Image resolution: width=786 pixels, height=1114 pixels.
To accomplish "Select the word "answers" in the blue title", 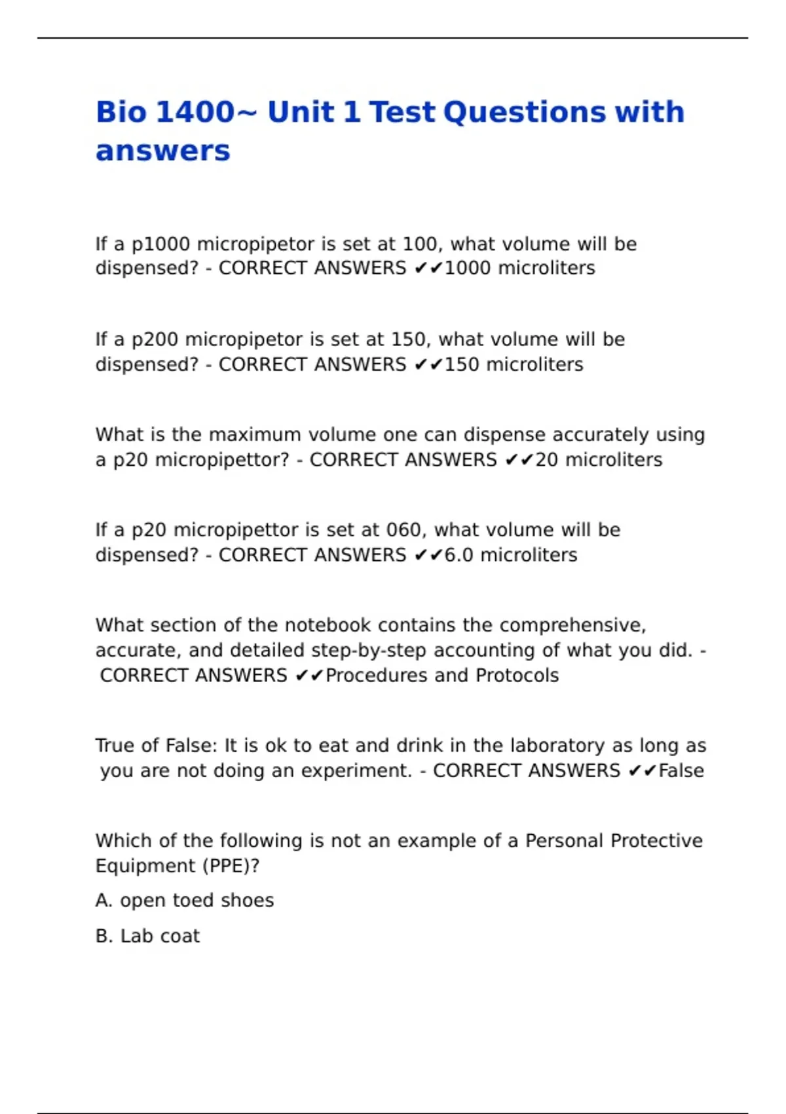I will coord(163,151).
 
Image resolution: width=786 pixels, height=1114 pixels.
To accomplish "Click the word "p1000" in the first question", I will coord(161,244).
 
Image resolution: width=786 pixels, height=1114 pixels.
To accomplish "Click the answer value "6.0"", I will coord(458,555).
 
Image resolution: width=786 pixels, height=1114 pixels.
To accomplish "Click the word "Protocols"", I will coord(517,676).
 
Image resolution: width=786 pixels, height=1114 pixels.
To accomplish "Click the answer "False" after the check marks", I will coord(681,771).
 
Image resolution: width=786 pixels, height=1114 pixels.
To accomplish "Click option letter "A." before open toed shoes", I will coord(104,901).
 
